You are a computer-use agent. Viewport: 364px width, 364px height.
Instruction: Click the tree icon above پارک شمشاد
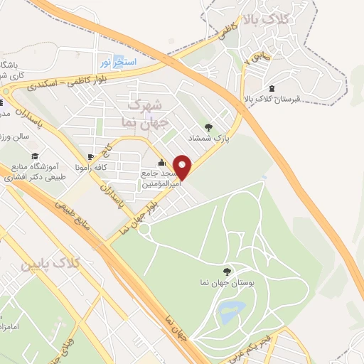(208, 127)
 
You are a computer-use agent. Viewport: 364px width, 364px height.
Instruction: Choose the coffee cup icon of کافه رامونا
(90, 157)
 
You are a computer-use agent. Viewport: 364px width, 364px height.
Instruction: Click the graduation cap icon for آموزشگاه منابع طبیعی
(33, 156)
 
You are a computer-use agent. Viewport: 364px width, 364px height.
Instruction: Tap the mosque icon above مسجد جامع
(161, 161)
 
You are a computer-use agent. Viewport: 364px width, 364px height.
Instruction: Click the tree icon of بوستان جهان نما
(227, 271)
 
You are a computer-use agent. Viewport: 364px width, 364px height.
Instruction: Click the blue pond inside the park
(230, 310)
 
